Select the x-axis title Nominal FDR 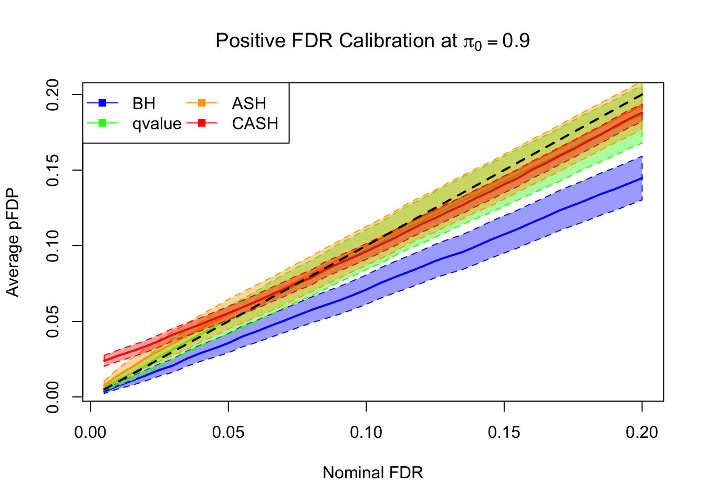click(x=372, y=472)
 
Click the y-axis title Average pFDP click(x=13, y=243)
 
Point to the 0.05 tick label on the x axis click(x=228, y=433)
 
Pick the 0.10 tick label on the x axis click(x=366, y=433)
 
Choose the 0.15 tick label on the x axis click(x=504, y=433)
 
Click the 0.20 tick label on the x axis click(x=641, y=433)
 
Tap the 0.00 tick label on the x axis click(x=90, y=433)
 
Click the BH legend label click(x=144, y=103)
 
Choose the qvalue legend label click(x=157, y=123)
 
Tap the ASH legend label click(x=249, y=103)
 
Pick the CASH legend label click(x=255, y=123)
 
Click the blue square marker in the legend click(x=102, y=103)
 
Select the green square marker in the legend click(x=102, y=123)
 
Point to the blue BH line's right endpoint click(x=641, y=178)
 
